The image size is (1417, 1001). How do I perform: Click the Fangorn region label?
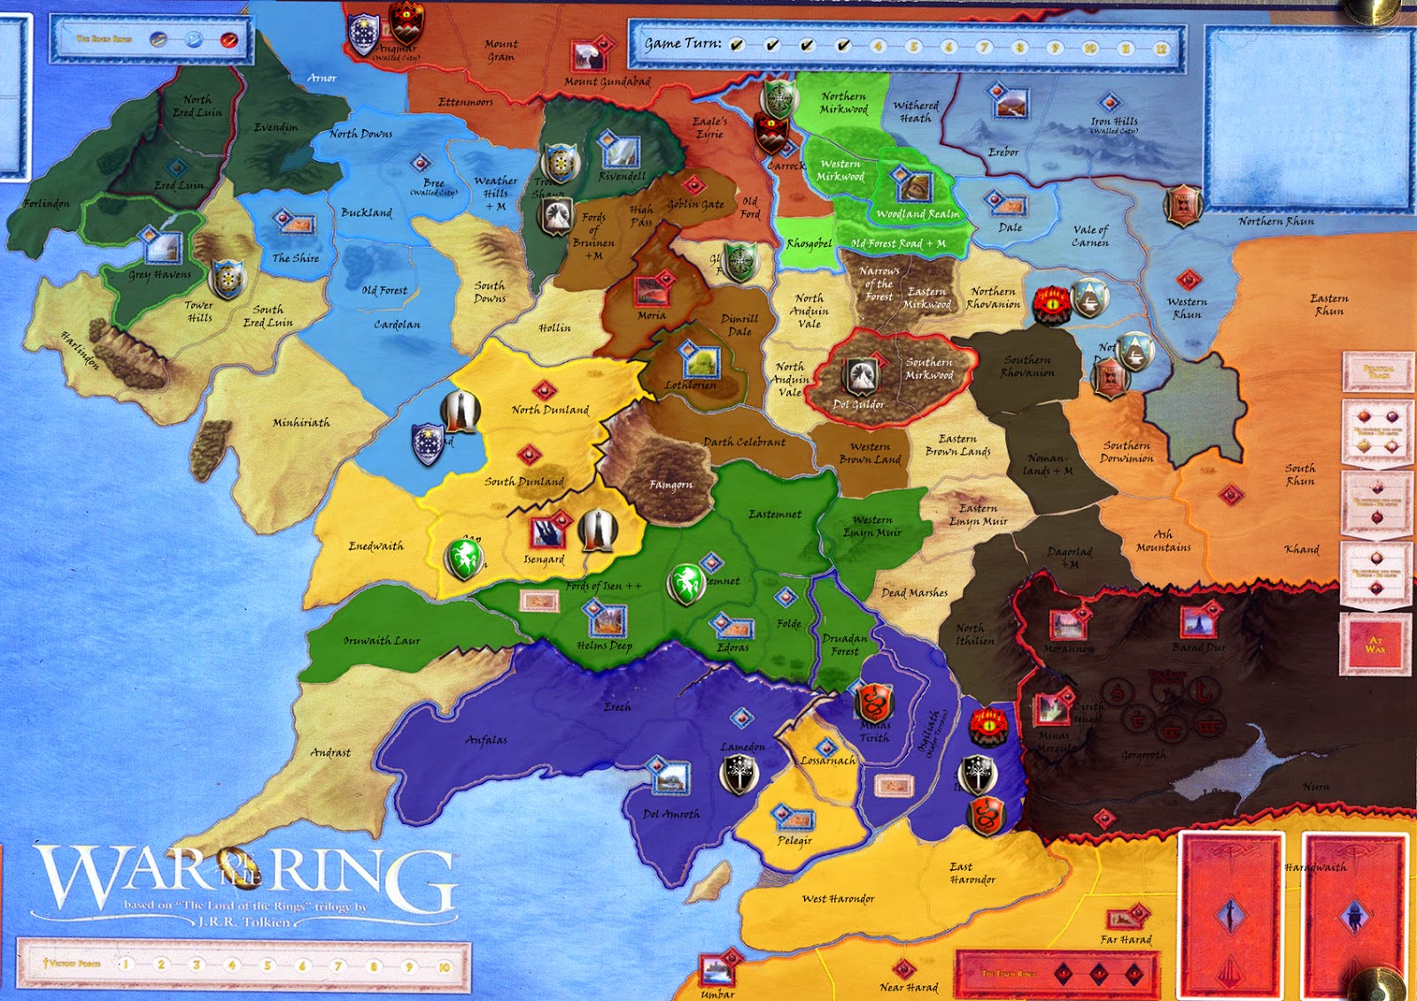[670, 484]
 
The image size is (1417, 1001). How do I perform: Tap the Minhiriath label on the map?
[301, 423]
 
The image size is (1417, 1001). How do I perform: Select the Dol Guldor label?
[858, 404]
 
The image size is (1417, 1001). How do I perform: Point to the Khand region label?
[1301, 550]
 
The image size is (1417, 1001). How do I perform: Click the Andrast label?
[330, 752]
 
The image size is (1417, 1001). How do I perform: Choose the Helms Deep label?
[604, 645]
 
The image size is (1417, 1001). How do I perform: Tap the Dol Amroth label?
[670, 814]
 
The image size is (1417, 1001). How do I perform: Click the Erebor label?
[1003, 152]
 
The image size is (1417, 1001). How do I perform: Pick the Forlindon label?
[47, 204]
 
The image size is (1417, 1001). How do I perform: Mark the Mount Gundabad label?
[608, 82]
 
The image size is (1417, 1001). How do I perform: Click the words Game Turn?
[682, 43]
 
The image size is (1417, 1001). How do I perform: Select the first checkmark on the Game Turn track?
[737, 45]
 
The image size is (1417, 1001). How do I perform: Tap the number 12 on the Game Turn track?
[1161, 49]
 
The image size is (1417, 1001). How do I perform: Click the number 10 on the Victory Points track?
[444, 966]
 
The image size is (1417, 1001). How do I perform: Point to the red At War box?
[1374, 644]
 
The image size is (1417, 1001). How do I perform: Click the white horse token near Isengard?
[464, 558]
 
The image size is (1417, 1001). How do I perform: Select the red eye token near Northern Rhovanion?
[1052, 304]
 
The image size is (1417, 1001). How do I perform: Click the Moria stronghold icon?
[651, 292]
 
